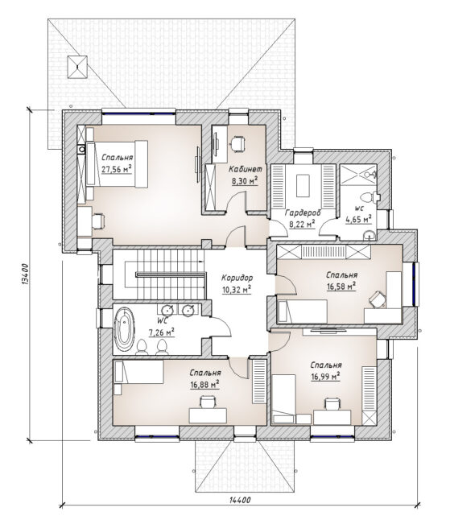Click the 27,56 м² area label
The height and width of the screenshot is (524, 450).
pyautogui.click(x=117, y=169)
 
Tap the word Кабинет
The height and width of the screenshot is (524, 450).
pyautogui.click(x=245, y=169)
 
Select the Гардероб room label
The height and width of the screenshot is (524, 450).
pyautogui.click(x=303, y=212)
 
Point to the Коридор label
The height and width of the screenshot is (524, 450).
pyautogui.click(x=237, y=278)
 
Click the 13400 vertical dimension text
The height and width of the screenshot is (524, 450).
pyautogui.click(x=26, y=274)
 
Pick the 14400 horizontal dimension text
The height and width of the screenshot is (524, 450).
pyautogui.click(x=240, y=500)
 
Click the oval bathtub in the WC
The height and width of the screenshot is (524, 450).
pyautogui.click(x=124, y=329)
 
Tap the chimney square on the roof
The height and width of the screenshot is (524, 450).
pyautogui.click(x=77, y=67)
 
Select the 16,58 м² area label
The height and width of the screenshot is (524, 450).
pyautogui.click(x=341, y=287)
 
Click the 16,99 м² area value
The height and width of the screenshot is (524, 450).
pyautogui.click(x=326, y=377)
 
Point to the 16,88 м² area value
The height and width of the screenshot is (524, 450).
pyautogui.click(x=205, y=385)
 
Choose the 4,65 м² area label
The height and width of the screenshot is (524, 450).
pyautogui.click(x=359, y=221)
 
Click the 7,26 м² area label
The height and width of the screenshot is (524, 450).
pyautogui.click(x=161, y=333)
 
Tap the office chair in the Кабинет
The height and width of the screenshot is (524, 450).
pyautogui.click(x=237, y=144)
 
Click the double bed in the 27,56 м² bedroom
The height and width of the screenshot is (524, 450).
pyautogui.click(x=117, y=163)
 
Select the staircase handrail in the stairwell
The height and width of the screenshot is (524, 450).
pyautogui.click(x=170, y=274)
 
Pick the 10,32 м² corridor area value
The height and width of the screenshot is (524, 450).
pyautogui.click(x=237, y=290)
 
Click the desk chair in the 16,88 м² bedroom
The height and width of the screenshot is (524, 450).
pyautogui.click(x=208, y=402)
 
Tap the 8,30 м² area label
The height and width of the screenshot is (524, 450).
pyautogui.click(x=245, y=181)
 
